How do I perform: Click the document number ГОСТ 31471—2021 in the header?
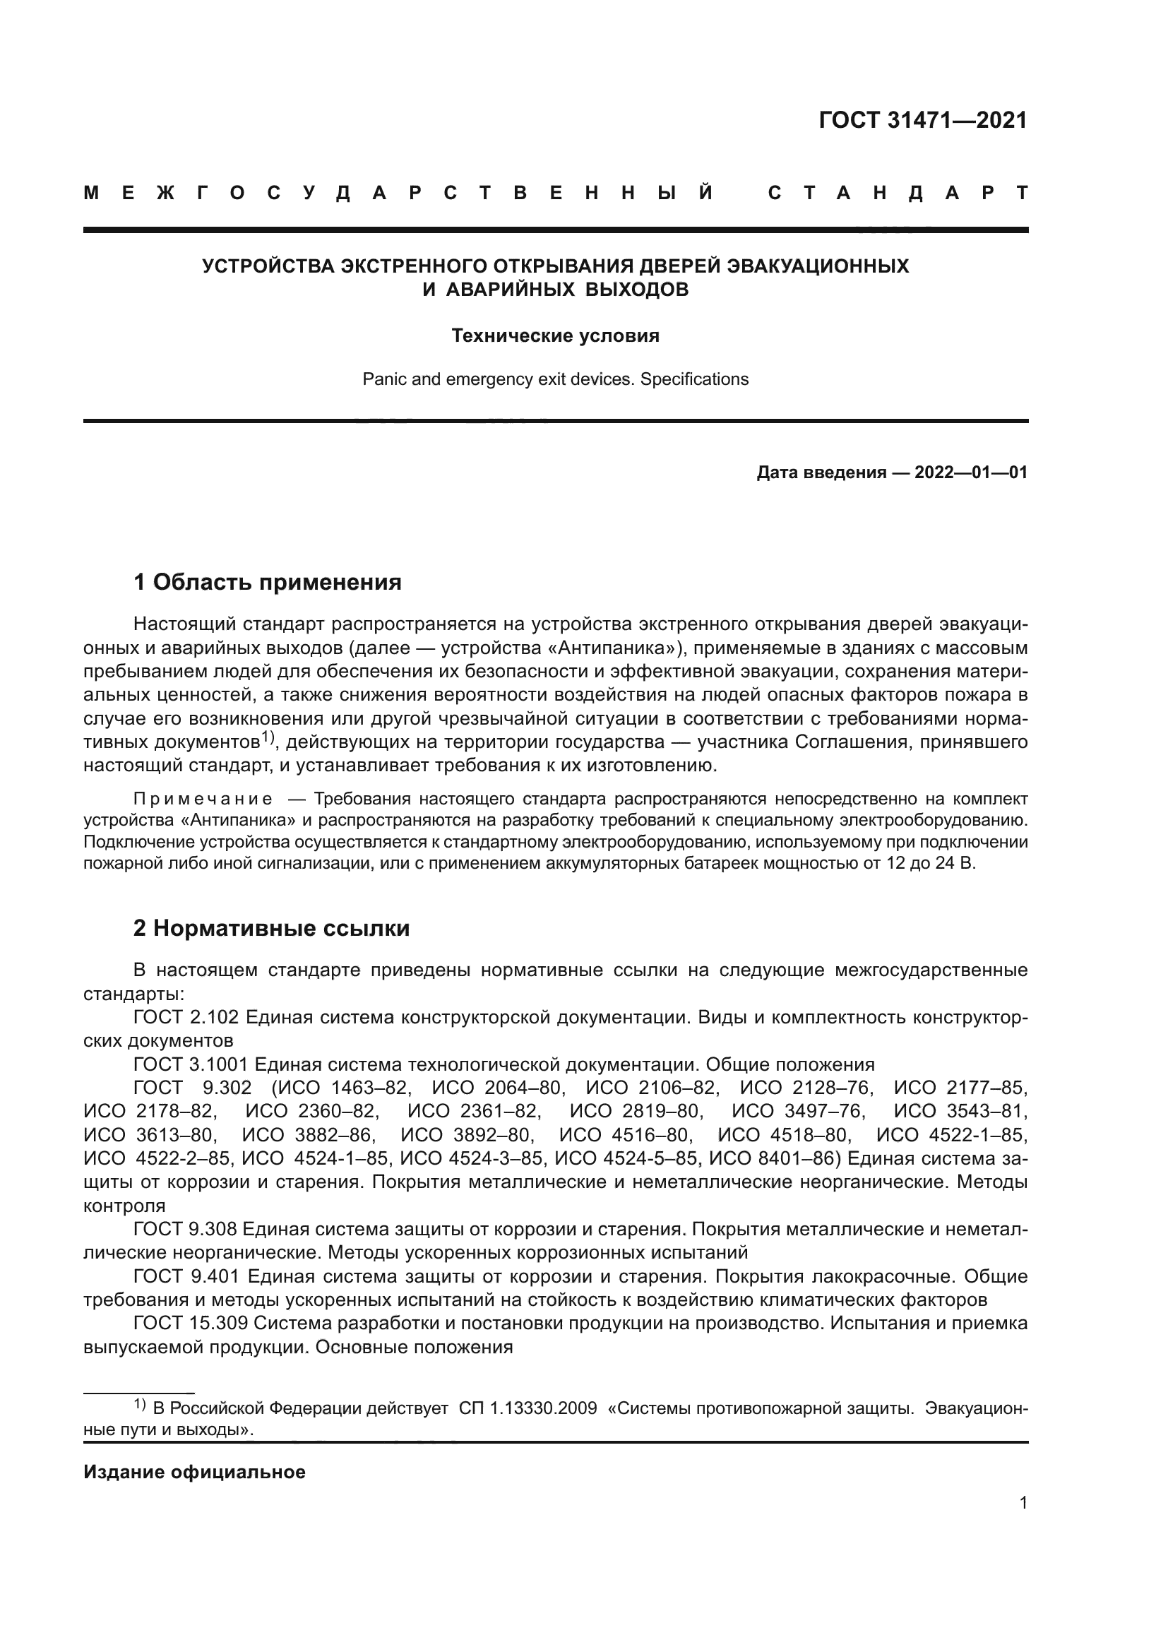click(923, 120)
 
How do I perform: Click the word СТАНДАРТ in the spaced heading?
click(898, 193)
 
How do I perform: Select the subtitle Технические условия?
click(555, 336)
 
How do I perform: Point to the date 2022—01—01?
click(970, 473)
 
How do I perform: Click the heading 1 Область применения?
click(268, 581)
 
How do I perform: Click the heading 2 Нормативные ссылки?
click(271, 928)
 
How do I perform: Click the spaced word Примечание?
click(203, 799)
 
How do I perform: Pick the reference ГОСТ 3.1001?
click(191, 1064)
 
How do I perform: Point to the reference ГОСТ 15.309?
click(191, 1322)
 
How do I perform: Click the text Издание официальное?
click(194, 1472)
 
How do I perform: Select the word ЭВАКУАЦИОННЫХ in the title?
click(818, 266)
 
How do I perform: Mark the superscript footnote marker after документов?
click(268, 736)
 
